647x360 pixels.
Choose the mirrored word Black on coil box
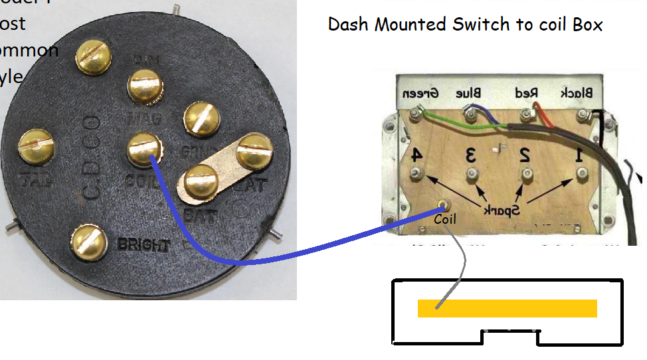pos(578,93)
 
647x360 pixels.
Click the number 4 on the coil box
pos(415,155)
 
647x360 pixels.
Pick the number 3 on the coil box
pos(471,156)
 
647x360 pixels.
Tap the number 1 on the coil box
pos(579,155)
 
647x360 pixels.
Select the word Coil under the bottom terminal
pos(444,219)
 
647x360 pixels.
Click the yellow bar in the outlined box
pos(507,308)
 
